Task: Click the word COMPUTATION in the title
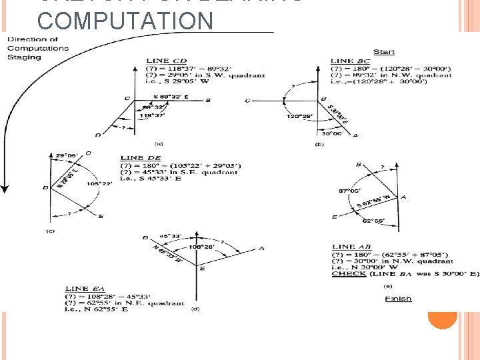[125, 21]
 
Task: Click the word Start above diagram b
[383, 52]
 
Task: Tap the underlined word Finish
[398, 299]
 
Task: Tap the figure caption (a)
[159, 143]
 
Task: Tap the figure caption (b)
[319, 144]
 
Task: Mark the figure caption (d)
[195, 309]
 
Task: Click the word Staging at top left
[24, 57]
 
